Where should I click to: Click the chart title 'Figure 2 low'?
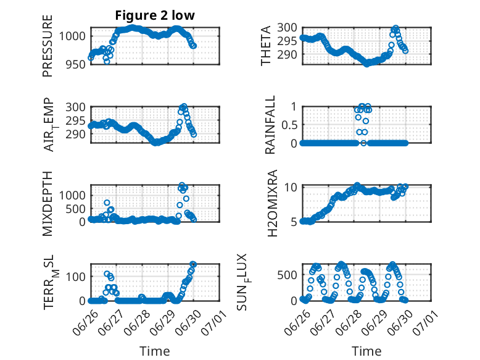click(155, 15)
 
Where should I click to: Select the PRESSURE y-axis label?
click(48, 46)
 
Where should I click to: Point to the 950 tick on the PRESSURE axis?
click(77, 64)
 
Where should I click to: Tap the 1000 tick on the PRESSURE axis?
click(73, 36)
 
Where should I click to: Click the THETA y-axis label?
click(266, 46)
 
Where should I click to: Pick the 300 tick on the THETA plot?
click(287, 28)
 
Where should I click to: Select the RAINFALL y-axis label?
click(270, 125)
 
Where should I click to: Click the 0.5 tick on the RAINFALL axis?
click(289, 125)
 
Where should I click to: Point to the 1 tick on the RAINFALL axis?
click(294, 107)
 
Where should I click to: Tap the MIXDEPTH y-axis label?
click(48, 204)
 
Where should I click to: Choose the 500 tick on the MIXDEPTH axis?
click(77, 209)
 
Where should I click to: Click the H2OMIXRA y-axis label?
click(272, 203)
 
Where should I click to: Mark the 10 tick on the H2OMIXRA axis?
click(291, 187)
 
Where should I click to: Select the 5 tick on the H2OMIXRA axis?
click(294, 222)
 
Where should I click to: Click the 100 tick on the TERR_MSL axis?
click(77, 277)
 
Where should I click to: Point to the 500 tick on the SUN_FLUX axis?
click(287, 275)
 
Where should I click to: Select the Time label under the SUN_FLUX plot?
click(366, 351)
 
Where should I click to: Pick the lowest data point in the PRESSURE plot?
click(107, 62)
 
